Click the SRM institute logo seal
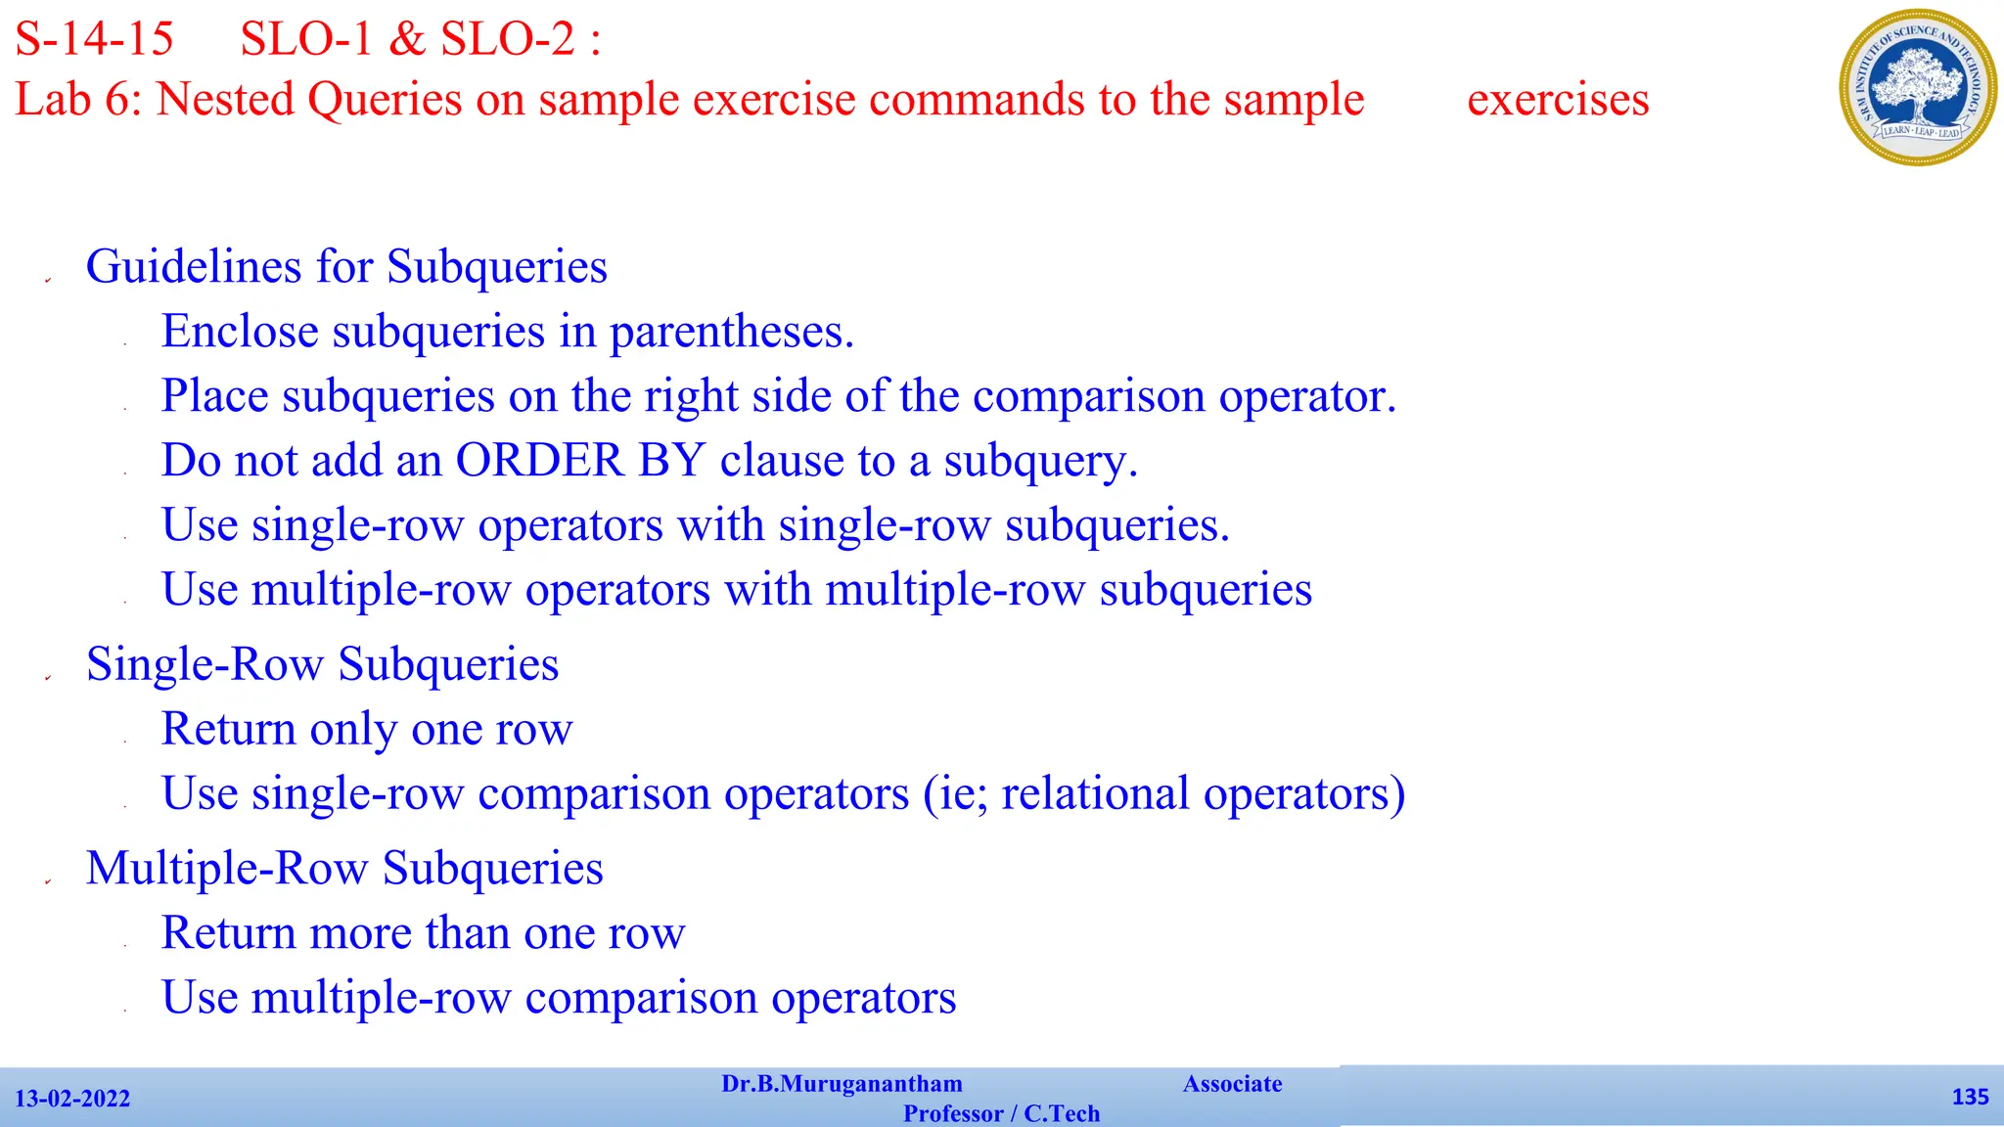coord(1918,87)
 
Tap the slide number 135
coord(1970,1097)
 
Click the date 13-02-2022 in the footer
coord(72,1099)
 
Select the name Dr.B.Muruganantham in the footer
coord(842,1084)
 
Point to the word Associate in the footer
coord(1232,1084)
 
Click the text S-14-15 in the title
coord(94,39)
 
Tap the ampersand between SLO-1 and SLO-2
coord(406,39)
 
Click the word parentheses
coord(731,333)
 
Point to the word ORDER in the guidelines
coord(539,461)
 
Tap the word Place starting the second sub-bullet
coord(214,396)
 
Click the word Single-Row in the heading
coord(205,664)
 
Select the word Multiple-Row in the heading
coord(227,869)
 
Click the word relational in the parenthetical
coord(1095,793)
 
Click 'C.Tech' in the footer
coord(1062,1113)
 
